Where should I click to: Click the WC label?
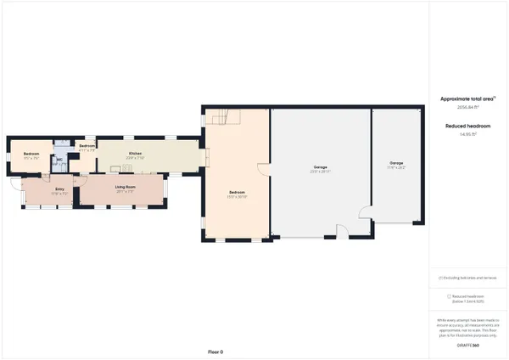[59, 161]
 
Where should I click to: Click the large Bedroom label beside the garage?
[237, 194]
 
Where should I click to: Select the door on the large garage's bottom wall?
[341, 231]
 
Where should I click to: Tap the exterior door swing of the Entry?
[16, 183]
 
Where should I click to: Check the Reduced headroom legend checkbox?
[448, 296]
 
